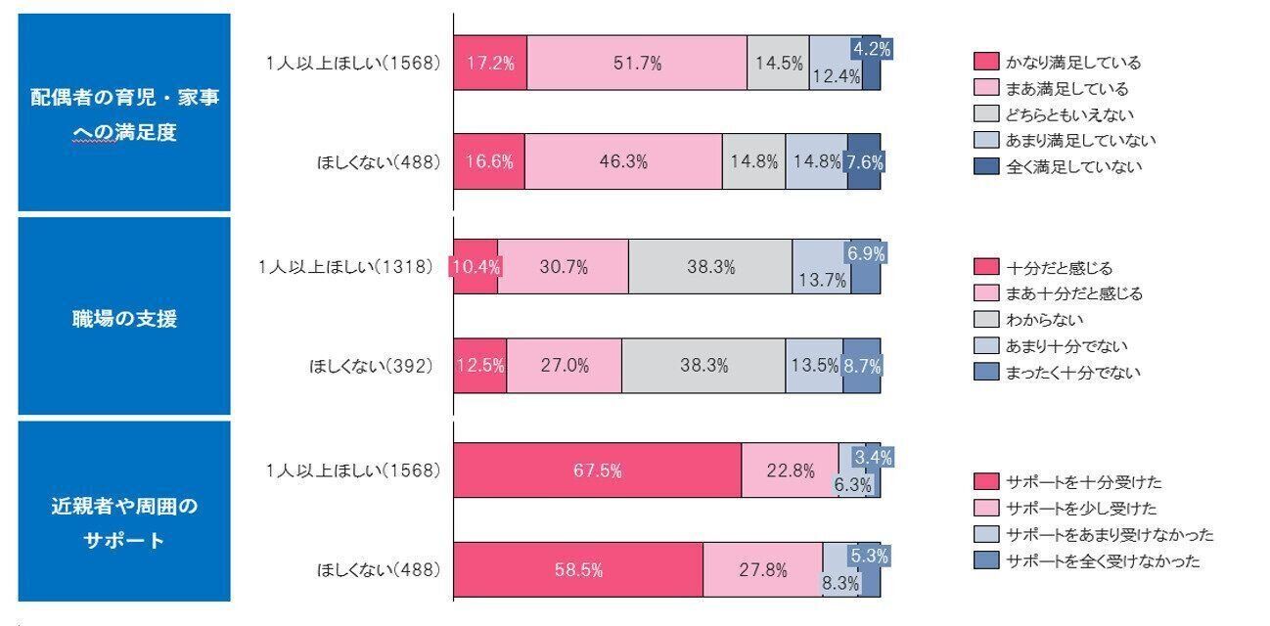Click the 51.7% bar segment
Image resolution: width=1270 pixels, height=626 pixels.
pos(637,63)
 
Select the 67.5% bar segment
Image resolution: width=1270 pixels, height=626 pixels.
pos(597,470)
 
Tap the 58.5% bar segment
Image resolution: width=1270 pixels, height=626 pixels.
pos(578,569)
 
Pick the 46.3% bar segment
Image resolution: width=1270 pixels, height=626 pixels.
pos(623,162)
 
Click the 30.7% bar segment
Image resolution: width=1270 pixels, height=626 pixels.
pos(563,266)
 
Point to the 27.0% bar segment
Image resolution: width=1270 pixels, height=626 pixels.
pos(564,366)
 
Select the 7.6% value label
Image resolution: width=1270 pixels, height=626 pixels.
pos(865,162)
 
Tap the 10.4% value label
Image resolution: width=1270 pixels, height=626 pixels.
pos(473,266)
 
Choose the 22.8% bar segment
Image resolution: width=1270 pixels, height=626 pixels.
pos(790,470)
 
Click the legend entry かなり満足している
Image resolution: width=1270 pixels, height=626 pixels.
pos(1060,63)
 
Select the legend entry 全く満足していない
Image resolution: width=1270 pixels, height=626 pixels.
pos(1060,166)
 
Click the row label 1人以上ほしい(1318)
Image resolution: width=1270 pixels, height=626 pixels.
pos(345,266)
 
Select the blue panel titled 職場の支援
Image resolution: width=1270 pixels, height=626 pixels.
pos(124,317)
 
